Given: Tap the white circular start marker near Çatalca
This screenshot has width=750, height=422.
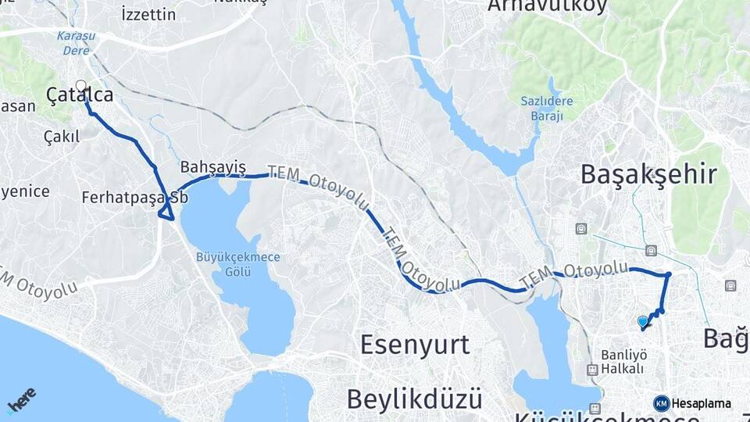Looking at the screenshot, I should (x=80, y=86).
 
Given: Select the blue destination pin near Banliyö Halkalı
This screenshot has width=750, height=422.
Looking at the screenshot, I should (x=643, y=321).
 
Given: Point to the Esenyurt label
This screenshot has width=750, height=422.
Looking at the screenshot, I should (x=414, y=344).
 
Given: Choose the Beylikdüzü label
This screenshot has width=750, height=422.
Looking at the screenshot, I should (x=414, y=399).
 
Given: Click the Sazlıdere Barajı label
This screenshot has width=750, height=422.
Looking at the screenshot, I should (x=547, y=109).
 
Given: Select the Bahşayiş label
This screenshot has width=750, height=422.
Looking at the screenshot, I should (x=212, y=167).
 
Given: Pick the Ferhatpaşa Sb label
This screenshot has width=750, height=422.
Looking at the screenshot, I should (x=134, y=198).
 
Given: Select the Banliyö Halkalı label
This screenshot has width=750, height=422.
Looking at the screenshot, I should (x=623, y=361).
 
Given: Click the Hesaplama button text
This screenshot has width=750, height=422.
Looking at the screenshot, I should (x=702, y=403).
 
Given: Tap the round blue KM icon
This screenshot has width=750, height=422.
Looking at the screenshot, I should (x=662, y=403).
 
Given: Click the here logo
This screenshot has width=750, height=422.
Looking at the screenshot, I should (x=22, y=399).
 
